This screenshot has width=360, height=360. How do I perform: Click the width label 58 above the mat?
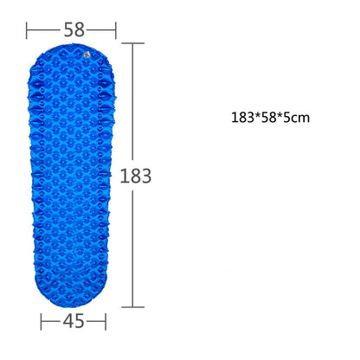74,29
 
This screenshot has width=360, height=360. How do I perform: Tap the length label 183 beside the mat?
136,176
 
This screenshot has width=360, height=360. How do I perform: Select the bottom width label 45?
74,322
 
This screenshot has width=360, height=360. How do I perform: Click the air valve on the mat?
87,55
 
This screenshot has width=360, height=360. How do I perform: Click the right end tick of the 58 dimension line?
116,29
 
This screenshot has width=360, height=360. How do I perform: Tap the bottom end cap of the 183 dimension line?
132,305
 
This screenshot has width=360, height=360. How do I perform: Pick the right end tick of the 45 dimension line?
106,322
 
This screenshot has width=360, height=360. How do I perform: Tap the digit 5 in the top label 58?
67,29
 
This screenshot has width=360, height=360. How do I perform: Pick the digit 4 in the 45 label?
67,322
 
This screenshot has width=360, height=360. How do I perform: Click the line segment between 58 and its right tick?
101,29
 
